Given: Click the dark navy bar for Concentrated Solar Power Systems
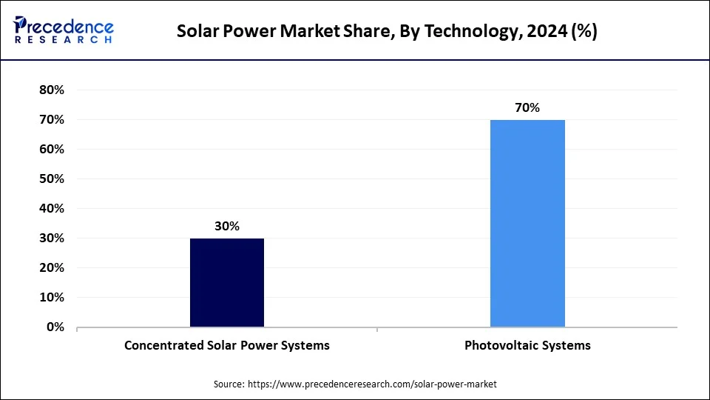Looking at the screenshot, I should [227, 282].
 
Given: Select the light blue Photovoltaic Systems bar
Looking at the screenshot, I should [527, 223].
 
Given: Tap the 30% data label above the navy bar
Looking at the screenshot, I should [227, 227].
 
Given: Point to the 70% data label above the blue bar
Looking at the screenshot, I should [527, 108].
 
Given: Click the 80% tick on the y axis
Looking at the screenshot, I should [52, 90].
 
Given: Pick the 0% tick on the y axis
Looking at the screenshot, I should [55, 327].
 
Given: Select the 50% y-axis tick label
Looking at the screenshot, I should [52, 179].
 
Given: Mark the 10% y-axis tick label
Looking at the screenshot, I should [52, 297].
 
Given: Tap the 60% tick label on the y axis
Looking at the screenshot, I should [52, 149].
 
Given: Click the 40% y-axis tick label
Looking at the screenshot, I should [52, 208].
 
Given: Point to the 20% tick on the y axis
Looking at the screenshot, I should [52, 267].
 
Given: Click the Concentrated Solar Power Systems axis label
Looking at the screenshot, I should [227, 345].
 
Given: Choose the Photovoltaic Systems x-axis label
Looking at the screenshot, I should [527, 345].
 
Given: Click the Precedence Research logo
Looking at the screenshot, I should [64, 30].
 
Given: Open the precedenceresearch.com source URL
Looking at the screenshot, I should [373, 384].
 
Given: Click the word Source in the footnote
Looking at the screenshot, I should [229, 384].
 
